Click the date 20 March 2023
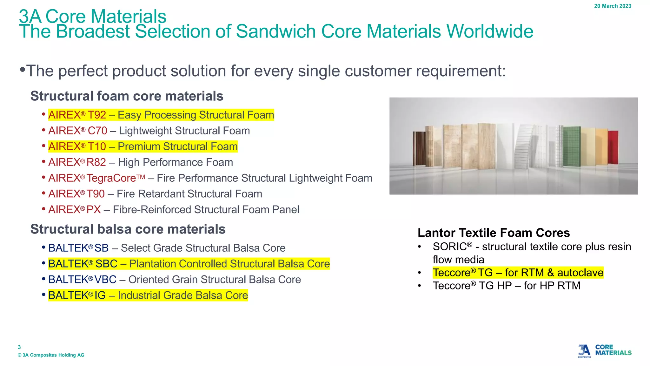point(613,6)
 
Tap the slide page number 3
point(19,347)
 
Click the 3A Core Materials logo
point(604,351)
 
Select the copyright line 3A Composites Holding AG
point(51,355)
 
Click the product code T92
point(97,115)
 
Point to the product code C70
point(97,131)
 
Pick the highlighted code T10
point(97,146)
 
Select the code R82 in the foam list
point(96,162)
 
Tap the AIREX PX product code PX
point(94,210)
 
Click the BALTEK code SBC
point(106,264)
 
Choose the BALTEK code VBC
point(105,280)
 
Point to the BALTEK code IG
point(100,295)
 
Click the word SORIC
point(450,247)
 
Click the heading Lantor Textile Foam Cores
point(494,233)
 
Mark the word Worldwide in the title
point(490,31)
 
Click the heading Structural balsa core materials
point(128,229)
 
